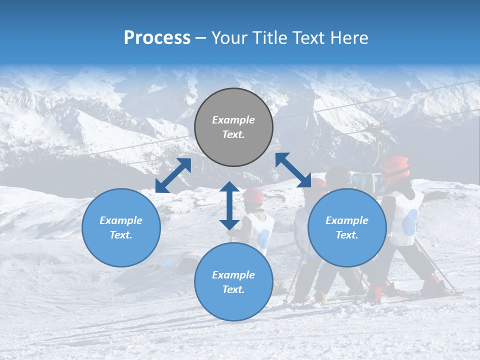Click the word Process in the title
pyautogui.click(x=157, y=38)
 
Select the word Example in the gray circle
pyautogui.click(x=233, y=120)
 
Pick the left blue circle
pyautogui.click(x=121, y=227)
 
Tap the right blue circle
pyautogui.click(x=347, y=227)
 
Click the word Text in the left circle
pyautogui.click(x=120, y=235)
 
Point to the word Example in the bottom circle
pyautogui.click(x=233, y=275)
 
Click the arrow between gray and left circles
pyautogui.click(x=173, y=175)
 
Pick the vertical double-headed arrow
pyautogui.click(x=229, y=205)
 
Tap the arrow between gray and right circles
pyautogui.click(x=293, y=170)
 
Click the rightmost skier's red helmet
pyautogui.click(x=395, y=167)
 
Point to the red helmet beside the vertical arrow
pyautogui.click(x=253, y=196)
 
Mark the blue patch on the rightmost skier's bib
pyautogui.click(x=409, y=222)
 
